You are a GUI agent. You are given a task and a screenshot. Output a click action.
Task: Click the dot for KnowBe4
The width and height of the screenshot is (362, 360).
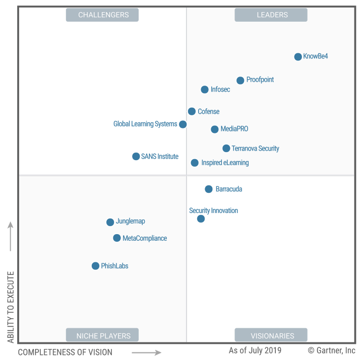(298, 57)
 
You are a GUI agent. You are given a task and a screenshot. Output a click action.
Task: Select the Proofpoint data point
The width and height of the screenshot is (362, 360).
(240, 81)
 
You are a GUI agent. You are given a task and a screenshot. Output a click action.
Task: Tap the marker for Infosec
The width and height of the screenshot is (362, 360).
(205, 90)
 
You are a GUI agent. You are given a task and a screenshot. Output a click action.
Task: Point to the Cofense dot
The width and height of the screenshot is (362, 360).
(192, 111)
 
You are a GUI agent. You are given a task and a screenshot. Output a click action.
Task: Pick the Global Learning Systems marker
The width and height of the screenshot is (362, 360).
(183, 124)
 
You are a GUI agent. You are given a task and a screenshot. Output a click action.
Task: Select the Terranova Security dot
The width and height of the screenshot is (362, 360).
(226, 148)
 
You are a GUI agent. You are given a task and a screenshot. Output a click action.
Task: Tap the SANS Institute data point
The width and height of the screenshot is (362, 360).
(136, 157)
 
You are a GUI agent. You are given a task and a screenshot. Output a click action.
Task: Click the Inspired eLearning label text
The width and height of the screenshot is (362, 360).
(225, 163)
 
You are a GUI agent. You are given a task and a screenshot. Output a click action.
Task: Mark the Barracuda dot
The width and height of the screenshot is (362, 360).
(209, 189)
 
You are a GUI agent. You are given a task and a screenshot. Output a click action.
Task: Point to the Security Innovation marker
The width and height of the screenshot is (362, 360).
(201, 219)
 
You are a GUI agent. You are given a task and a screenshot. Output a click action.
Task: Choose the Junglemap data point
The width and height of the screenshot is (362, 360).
(110, 222)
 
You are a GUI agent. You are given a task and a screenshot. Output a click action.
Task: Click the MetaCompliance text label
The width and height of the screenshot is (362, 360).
(145, 238)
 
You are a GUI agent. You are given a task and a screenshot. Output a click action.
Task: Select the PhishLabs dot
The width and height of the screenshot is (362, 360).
(96, 266)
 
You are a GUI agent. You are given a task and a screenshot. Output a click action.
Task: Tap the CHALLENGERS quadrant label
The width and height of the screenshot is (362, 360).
(102, 15)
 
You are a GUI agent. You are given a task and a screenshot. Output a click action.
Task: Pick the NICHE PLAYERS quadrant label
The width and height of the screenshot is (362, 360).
(102, 335)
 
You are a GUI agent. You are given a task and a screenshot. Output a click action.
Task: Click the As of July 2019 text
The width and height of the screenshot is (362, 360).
(255, 350)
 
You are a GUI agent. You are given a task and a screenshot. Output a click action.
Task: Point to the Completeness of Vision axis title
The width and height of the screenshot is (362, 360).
(65, 352)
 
